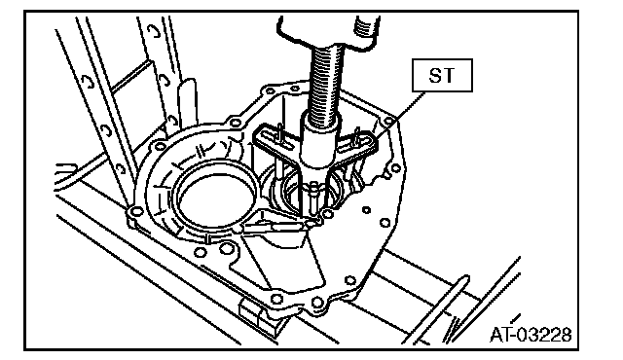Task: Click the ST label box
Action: coord(442,76)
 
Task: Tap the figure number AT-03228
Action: coord(531,334)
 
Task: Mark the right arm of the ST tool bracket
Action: coord(357,144)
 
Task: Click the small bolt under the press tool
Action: coord(313,196)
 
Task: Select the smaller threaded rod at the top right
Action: coord(366,27)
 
